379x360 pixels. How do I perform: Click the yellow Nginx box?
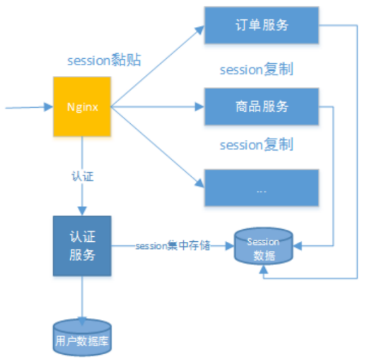(82, 106)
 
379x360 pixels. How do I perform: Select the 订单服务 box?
(262, 26)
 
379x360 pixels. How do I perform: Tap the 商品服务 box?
(262, 106)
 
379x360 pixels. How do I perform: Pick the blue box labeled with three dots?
(262, 188)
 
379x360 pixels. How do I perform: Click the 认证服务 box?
(82, 246)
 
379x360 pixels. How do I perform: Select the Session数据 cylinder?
(264, 246)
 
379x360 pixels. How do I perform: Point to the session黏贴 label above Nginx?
(104, 61)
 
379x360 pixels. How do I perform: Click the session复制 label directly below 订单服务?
(256, 69)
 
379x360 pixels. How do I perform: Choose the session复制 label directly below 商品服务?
(256, 145)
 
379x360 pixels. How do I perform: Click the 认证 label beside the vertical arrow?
(83, 176)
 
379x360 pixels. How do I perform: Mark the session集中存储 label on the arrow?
(172, 246)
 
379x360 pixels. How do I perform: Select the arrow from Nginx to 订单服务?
(156, 67)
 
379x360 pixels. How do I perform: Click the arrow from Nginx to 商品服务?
(156, 107)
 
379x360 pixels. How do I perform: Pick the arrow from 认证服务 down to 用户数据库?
(82, 297)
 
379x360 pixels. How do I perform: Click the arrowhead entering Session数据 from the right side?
(298, 245)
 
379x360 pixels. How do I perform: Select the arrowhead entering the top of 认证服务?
(82, 211)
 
